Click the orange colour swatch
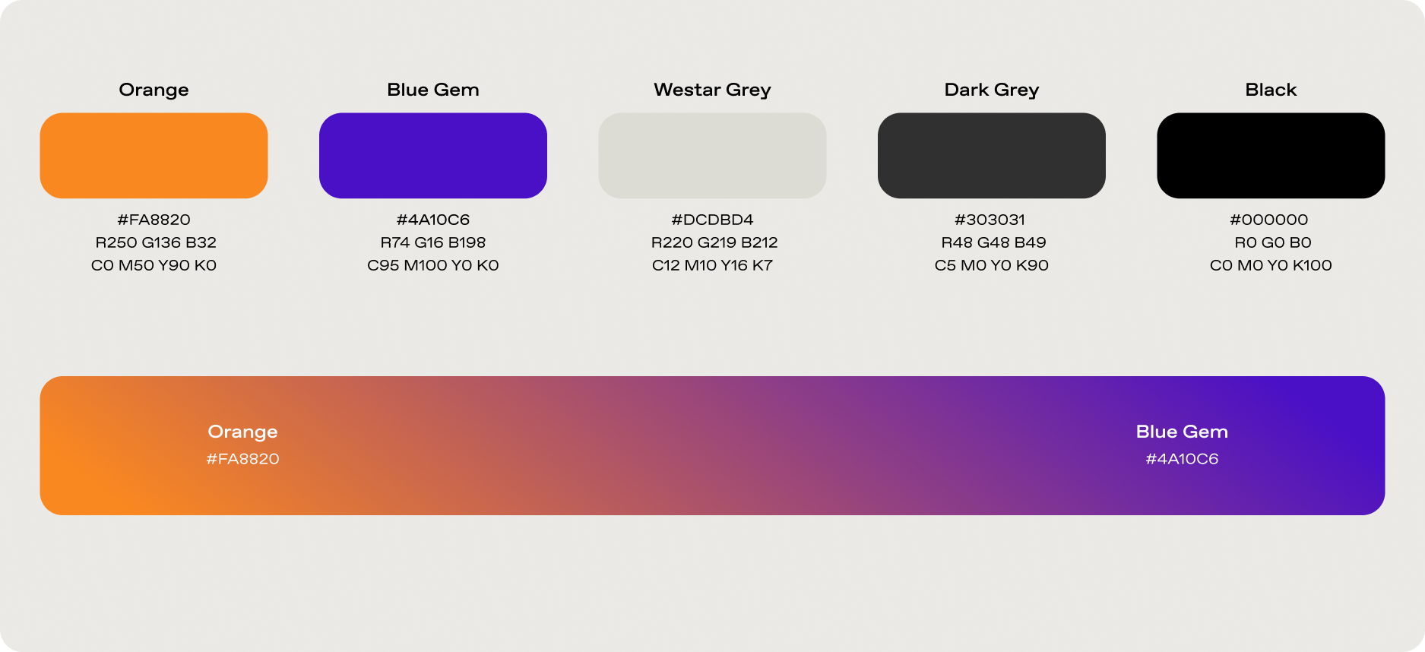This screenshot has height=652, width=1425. (x=154, y=156)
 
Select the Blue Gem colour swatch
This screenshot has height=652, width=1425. (x=433, y=156)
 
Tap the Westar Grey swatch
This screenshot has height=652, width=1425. (x=712, y=156)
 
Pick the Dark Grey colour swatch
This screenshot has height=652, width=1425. (x=992, y=156)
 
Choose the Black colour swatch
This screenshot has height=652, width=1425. (x=1271, y=156)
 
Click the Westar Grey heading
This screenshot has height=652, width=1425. (x=712, y=90)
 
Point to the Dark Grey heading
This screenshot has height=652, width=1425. (x=992, y=90)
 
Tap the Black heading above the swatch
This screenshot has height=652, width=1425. (x=1271, y=90)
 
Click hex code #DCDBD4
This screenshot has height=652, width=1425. (x=712, y=220)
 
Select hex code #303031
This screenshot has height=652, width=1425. (x=990, y=220)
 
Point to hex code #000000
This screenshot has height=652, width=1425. (x=1269, y=220)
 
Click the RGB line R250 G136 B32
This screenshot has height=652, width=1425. (x=156, y=242)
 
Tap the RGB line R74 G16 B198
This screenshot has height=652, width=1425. (x=433, y=242)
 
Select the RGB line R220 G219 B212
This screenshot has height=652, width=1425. (x=714, y=242)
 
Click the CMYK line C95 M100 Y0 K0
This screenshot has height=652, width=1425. (x=433, y=265)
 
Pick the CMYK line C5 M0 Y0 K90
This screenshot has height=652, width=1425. (x=992, y=265)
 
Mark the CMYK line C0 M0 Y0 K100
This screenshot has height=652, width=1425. (x=1271, y=265)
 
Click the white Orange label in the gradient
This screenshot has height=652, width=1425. (x=242, y=432)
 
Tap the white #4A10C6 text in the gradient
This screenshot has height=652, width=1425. (x=1182, y=459)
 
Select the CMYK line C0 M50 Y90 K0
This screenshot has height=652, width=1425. (x=154, y=265)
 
